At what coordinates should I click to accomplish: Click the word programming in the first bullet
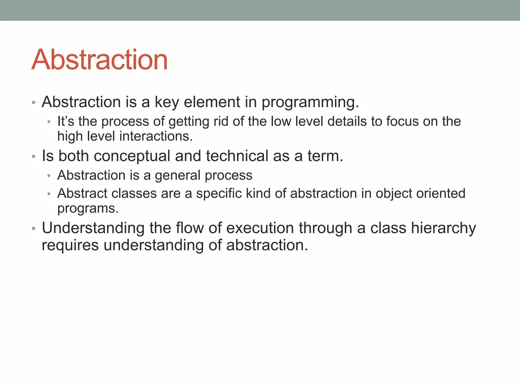click(x=310, y=102)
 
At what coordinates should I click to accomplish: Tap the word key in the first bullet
click(x=167, y=102)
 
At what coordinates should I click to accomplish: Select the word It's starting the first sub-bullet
click(x=66, y=121)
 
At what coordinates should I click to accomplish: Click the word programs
click(x=88, y=209)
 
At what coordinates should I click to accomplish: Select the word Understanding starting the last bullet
click(x=93, y=228)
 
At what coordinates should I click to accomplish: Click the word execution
click(x=260, y=228)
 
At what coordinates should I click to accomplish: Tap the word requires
click(x=70, y=245)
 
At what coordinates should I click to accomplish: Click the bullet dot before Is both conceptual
click(x=34, y=157)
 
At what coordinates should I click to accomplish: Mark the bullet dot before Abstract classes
click(x=49, y=194)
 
